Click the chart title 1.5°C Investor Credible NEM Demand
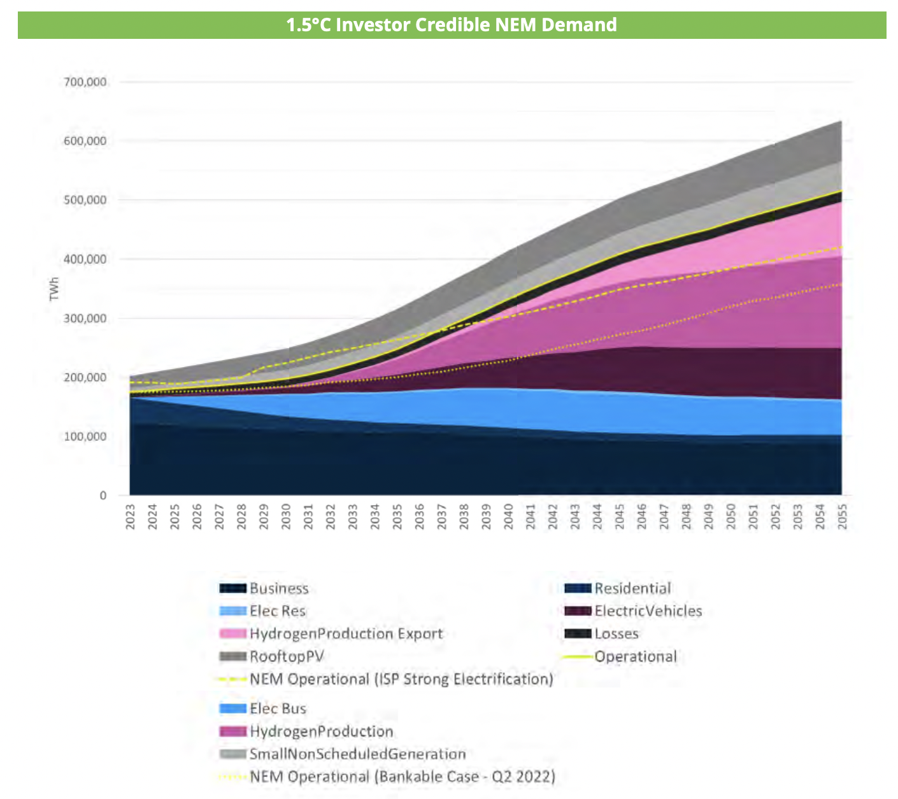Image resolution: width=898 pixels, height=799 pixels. pos(451,25)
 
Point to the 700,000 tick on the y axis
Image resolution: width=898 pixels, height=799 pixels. pos(85,82)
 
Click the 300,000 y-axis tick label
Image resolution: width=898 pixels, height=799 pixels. pos(85,319)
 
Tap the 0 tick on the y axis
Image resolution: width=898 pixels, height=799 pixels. pos(103,496)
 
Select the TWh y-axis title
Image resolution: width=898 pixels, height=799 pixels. pos(54,289)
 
